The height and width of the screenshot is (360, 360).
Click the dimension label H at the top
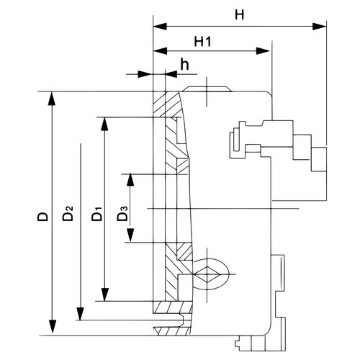click(x=239, y=14)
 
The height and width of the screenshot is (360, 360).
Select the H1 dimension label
click(x=202, y=42)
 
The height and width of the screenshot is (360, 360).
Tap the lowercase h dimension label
click(x=184, y=64)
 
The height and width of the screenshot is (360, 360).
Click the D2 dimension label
click(x=68, y=213)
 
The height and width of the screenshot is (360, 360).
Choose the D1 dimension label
click(x=97, y=214)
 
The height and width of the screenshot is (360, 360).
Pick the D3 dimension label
click(x=122, y=213)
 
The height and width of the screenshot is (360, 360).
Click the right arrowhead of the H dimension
click(x=320, y=26)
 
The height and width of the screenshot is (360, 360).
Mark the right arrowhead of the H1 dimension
click(x=264, y=51)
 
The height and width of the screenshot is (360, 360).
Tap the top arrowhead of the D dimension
click(x=52, y=99)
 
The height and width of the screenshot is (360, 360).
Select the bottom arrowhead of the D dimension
click(x=52, y=326)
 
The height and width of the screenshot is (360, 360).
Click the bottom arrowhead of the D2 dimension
click(x=80, y=313)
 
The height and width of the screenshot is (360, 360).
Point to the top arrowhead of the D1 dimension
click(x=104, y=124)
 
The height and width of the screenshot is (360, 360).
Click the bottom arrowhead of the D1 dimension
click(x=104, y=294)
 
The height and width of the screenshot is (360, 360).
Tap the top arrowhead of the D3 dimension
click(x=130, y=179)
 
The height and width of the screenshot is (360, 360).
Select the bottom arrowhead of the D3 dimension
click(x=130, y=235)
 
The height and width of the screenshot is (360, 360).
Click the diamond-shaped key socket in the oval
click(x=207, y=274)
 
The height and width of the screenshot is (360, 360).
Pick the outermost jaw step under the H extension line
click(x=319, y=159)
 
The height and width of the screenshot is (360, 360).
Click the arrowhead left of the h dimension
click(x=146, y=74)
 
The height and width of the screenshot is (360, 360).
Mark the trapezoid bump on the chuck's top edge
click(x=207, y=89)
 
